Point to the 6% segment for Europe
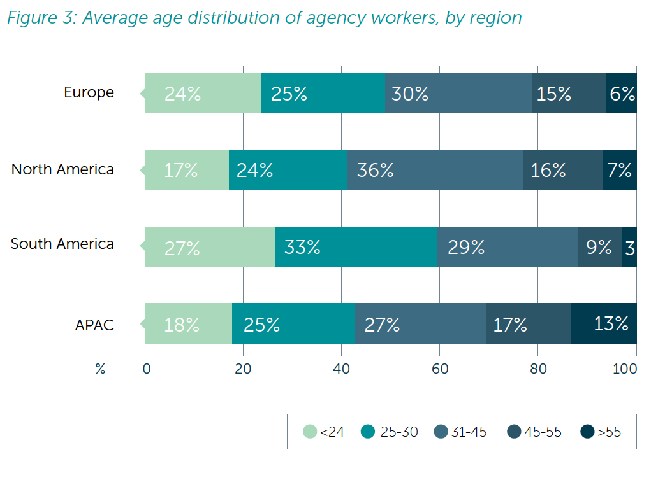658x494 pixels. [x=621, y=93]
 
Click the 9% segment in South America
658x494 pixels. [x=599, y=247]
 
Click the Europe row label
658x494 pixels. [x=89, y=92]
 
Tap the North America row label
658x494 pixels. [x=62, y=169]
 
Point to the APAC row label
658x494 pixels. [x=94, y=325]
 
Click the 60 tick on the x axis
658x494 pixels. [x=439, y=369]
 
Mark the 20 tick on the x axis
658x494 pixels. [x=243, y=369]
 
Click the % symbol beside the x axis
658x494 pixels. [x=100, y=369]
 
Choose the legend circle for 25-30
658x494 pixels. [x=368, y=432]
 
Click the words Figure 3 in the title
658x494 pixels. [x=40, y=18]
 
